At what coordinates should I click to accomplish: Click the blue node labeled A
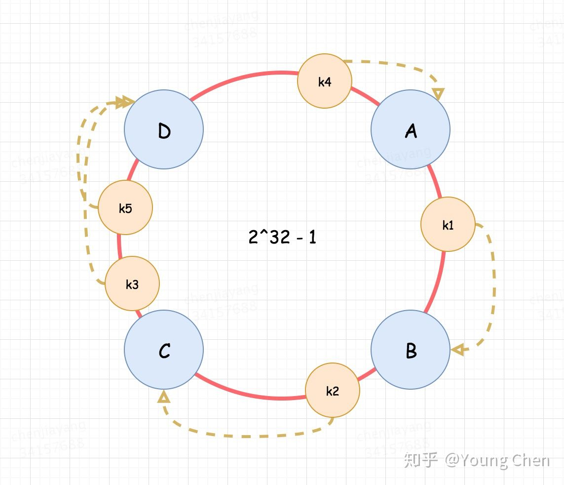[411, 129]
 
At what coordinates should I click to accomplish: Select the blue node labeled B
[411, 350]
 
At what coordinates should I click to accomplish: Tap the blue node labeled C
[164, 350]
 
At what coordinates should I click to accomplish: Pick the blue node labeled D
[164, 129]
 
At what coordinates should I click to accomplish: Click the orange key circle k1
[448, 225]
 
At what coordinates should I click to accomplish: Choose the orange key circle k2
[333, 390]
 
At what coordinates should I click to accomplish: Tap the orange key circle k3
[132, 283]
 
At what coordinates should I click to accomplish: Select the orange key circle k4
[325, 81]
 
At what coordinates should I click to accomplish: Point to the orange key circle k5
[125, 207]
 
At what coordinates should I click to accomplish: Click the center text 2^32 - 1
[282, 237]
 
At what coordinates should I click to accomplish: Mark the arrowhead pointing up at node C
[164, 396]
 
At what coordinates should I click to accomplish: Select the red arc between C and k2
[247, 393]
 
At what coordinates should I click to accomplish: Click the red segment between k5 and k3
[119, 245]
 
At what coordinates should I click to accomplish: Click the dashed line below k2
[247, 436]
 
